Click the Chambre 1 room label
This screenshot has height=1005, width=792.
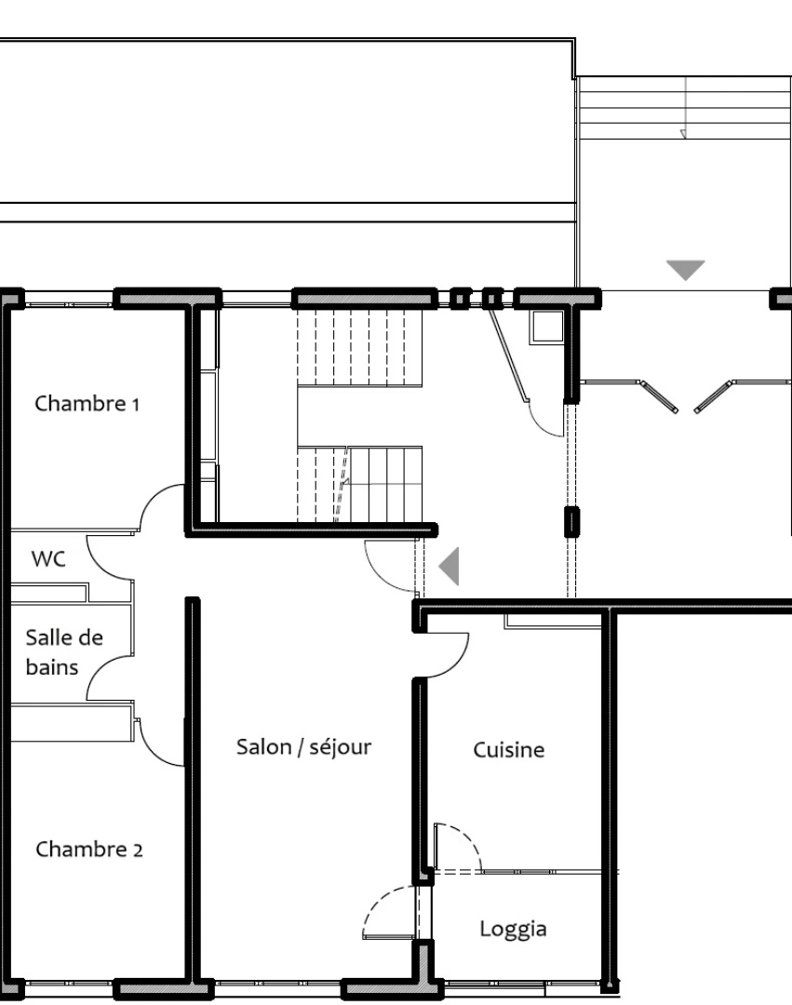87,404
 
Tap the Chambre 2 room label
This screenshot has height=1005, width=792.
89,850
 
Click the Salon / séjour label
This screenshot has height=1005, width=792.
304,746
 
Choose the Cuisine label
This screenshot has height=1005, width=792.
508,750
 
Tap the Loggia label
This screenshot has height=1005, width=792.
513,929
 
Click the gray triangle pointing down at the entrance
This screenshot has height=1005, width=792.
686,270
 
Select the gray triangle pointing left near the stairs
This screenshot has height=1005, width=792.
450,567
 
